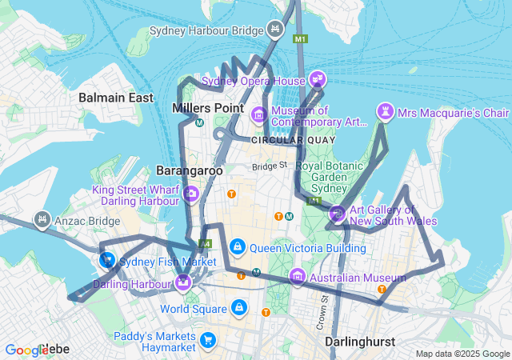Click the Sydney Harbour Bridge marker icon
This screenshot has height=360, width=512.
pyautogui.click(x=274, y=30)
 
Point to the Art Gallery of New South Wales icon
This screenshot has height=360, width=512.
pyautogui.click(x=337, y=214)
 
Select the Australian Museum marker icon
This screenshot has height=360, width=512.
pyautogui.click(x=298, y=278)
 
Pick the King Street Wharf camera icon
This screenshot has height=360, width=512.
pyautogui.click(x=191, y=194)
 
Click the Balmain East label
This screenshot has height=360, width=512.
pyautogui.click(x=116, y=98)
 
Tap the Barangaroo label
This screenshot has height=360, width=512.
pyautogui.click(x=189, y=170)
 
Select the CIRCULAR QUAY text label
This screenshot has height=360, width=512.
pyautogui.click(x=277, y=140)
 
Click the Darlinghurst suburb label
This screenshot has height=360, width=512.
pyautogui.click(x=360, y=342)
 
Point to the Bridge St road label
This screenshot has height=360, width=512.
pyautogui.click(x=270, y=166)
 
